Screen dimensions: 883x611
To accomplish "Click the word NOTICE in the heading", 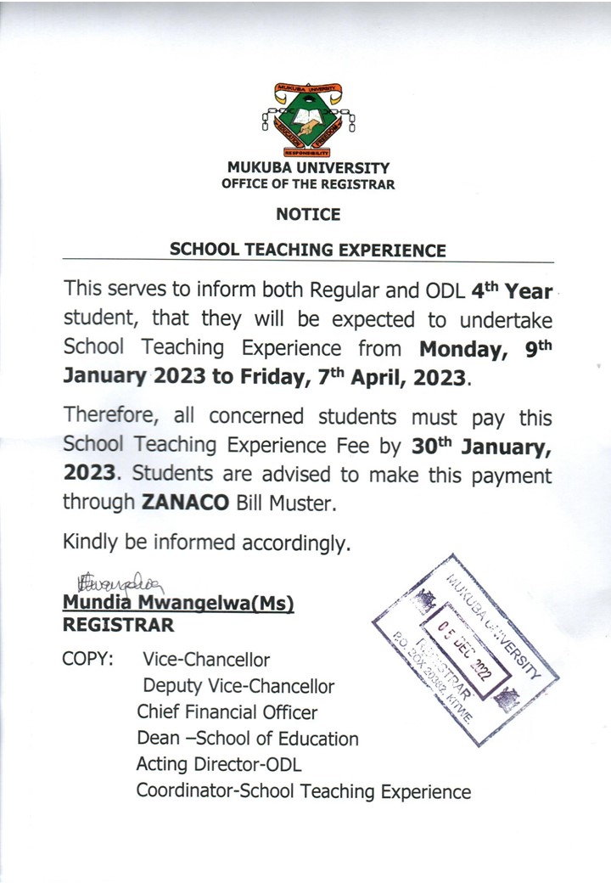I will point(308,215).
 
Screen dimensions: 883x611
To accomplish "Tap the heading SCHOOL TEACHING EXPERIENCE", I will point(308,250).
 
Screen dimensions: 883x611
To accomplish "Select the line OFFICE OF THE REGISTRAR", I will point(308,184).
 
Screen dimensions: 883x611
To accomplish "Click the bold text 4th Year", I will point(512,292).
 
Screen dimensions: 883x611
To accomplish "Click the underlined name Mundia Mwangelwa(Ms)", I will point(178,604).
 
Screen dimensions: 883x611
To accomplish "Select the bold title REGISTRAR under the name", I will point(118,626).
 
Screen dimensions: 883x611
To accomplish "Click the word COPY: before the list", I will point(88,659).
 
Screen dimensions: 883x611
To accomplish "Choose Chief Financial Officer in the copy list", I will point(227,712).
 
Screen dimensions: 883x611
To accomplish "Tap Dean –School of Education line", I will point(247,739).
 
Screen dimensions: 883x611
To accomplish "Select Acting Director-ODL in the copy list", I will point(218,765).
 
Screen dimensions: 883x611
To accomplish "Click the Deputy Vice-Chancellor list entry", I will point(238,686).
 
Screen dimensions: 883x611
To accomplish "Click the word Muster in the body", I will point(305,502).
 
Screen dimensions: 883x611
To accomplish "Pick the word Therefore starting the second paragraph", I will point(113,417).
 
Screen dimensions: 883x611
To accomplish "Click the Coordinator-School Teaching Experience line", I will point(303,791).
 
